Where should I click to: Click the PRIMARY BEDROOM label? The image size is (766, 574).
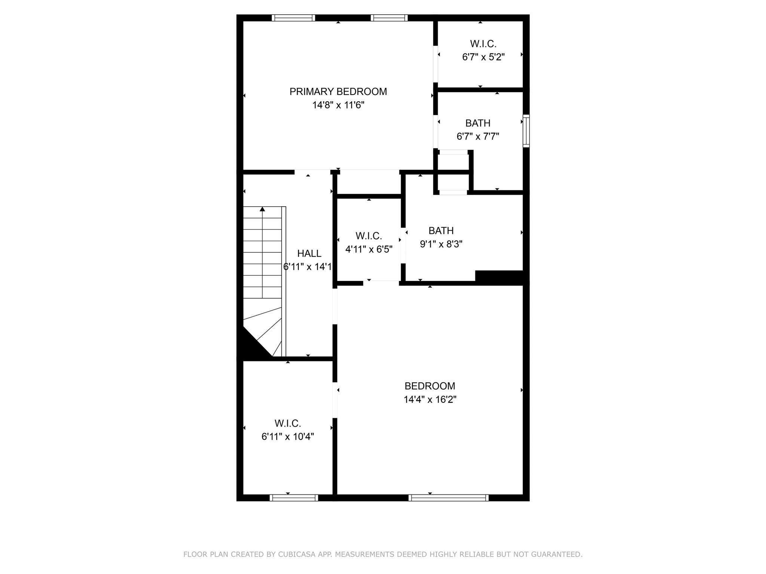[x=338, y=92]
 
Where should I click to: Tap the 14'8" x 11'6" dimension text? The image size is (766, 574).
[x=338, y=105]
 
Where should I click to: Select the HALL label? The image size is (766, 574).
[x=309, y=253]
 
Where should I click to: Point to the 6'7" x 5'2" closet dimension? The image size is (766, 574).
[x=483, y=57]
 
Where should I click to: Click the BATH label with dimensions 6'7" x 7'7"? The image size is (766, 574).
[x=478, y=123]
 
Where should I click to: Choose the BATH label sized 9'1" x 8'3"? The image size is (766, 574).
[x=441, y=231]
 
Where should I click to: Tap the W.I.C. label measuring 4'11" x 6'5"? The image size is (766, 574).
[x=368, y=236]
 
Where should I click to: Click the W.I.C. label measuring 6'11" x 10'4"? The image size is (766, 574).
[x=288, y=423]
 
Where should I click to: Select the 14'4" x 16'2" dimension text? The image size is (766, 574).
[x=430, y=399]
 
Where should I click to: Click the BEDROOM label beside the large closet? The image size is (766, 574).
[x=430, y=386]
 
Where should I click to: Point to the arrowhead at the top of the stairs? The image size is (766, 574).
[x=263, y=209]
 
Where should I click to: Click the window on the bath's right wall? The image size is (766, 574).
[x=526, y=131]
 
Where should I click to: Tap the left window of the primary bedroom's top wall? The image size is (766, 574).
[x=294, y=18]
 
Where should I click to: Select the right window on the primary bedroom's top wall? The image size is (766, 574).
[x=389, y=18]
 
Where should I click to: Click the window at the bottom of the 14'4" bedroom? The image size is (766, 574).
[x=448, y=497]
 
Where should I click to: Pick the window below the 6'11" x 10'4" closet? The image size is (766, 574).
[x=294, y=497]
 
